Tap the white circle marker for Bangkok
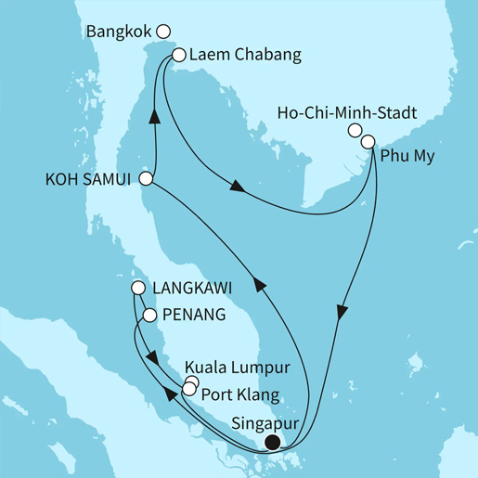(164, 31)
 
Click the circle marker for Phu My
(368, 141)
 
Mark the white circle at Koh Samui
(146, 177)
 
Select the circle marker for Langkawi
(137, 288)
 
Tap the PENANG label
(194, 315)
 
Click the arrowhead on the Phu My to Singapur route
(342, 313)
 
